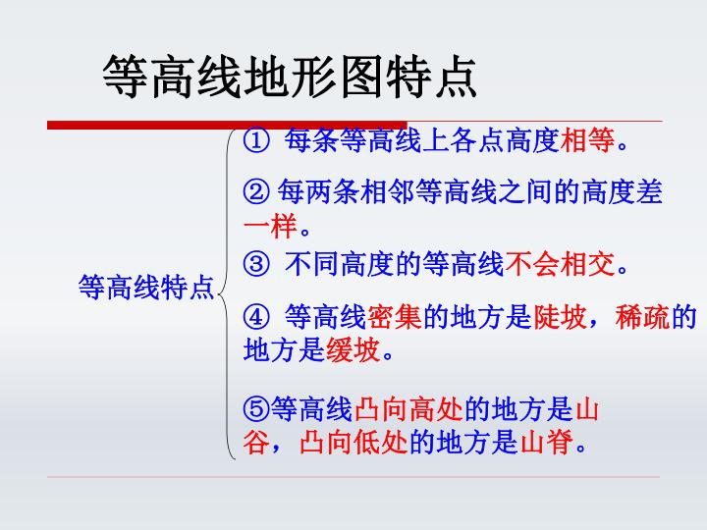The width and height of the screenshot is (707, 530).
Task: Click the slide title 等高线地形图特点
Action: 290,77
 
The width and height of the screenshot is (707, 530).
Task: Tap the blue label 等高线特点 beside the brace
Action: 146,287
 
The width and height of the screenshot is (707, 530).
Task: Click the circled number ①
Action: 256,140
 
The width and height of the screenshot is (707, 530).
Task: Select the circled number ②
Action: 256,191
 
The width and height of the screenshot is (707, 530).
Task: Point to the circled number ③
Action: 256,264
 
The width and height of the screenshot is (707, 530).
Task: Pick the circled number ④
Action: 256,317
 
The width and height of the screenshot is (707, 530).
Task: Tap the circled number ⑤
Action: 256,409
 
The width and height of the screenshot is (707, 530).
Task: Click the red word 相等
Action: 587,139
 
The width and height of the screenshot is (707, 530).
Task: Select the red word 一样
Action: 270,226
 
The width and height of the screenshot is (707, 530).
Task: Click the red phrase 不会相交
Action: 560,264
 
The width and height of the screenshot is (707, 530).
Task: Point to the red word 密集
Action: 395,316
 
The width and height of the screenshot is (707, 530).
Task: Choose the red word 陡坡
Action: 560,316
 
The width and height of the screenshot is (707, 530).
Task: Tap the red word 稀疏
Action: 642,316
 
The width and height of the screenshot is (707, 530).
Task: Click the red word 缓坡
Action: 353,349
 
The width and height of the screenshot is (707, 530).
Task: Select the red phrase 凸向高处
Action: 408,409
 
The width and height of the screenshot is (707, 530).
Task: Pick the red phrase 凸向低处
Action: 353,442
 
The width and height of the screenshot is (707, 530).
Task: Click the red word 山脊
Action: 547,442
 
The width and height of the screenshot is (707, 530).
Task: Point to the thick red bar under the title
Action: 227,126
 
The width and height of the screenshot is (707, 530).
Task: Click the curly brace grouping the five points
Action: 227,293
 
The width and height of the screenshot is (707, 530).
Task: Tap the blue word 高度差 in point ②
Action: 623,191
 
